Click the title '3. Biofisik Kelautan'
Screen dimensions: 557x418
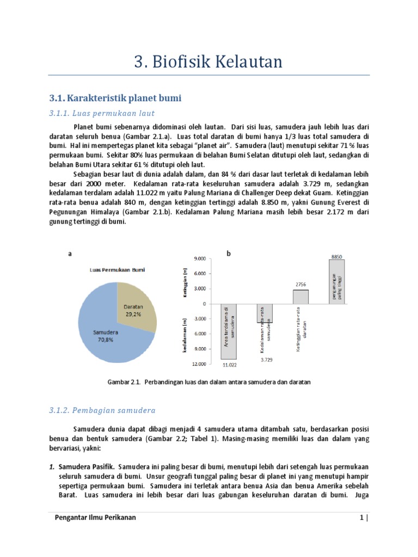click(208, 62)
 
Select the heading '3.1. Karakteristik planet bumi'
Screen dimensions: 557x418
click(114, 98)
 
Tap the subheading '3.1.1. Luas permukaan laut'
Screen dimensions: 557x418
click(102, 113)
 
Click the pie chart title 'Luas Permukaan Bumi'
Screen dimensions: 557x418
click(118, 270)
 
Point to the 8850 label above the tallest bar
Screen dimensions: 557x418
click(337, 255)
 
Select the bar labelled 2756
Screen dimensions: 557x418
click(300, 297)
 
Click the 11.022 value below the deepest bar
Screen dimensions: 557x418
click(228, 366)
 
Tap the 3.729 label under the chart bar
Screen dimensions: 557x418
click(266, 360)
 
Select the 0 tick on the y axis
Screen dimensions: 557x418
click(204, 304)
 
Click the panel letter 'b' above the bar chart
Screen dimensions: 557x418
click(229, 253)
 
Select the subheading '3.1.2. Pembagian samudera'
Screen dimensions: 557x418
click(103, 410)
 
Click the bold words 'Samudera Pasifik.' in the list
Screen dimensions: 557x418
click(86, 467)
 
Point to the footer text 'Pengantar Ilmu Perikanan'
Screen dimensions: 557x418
click(96, 517)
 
